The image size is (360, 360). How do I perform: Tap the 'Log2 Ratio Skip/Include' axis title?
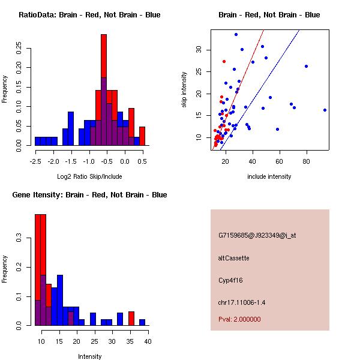[89, 176]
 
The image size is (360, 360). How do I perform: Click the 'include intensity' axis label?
[269, 176]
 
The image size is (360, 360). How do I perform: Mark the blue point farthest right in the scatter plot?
[325, 110]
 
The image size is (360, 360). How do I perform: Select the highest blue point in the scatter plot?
[236, 34]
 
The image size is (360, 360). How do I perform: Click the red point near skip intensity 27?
[224, 61]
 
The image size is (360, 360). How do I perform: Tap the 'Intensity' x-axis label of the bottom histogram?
[89, 356]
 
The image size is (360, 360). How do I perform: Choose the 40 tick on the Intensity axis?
[148, 341]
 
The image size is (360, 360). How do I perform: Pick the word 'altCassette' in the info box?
[233, 258]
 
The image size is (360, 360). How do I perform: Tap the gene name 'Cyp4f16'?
[231, 280]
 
